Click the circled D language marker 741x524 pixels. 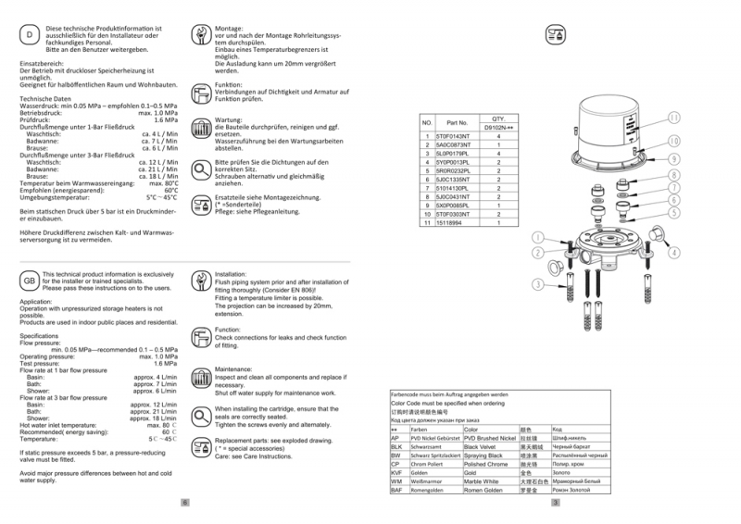point(27,34)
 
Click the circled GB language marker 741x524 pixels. point(28,281)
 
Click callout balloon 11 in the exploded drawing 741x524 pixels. point(674,118)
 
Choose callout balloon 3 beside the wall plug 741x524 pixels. point(536,283)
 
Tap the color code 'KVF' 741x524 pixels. point(396,473)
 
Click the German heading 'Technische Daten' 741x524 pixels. point(44,98)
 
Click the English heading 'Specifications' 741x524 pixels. point(39,336)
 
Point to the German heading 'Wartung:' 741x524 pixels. point(228,119)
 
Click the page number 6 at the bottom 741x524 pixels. point(185,503)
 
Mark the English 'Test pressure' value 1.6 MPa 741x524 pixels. point(165,364)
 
